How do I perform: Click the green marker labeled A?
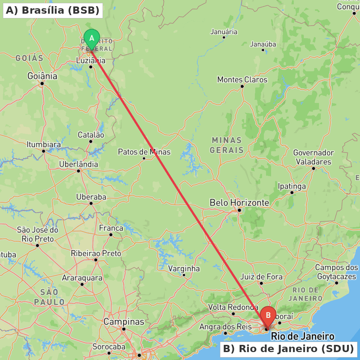91,39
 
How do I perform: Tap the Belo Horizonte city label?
239,203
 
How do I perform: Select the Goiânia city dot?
42,84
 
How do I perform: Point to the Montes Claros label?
242,80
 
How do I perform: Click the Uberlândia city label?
78,165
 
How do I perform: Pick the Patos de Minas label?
144,152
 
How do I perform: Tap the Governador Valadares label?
314,157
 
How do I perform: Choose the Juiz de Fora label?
261,277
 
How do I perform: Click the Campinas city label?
124,321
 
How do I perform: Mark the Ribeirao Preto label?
96,253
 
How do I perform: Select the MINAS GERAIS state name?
227,145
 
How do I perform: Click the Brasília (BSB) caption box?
53,10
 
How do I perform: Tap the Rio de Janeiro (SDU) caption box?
288,349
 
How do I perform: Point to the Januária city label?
224,32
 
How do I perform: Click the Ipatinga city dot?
292,193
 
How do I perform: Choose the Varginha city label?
184,269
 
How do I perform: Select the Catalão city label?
91,135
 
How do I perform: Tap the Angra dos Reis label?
225,327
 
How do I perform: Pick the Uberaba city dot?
91,203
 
